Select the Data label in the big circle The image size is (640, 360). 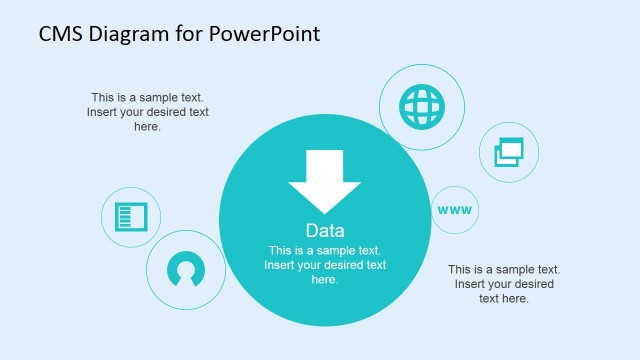325,230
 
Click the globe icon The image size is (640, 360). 421,107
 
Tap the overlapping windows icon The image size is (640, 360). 510,152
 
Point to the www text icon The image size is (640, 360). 454,210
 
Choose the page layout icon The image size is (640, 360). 131,216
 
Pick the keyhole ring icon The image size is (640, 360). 185,269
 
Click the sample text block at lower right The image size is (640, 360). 503,284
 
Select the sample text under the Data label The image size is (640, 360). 325,265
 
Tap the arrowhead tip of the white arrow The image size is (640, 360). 324,207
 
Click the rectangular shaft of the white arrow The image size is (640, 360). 324,165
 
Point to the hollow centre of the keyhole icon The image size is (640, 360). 185,268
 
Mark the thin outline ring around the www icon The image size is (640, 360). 454,185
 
